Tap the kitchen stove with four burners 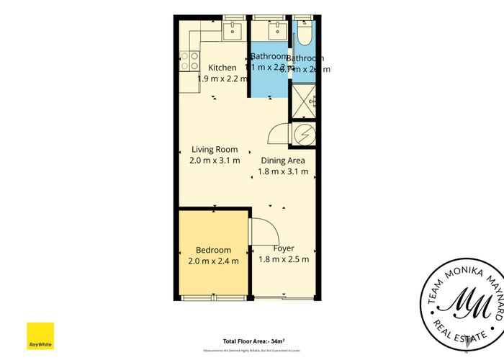coord(190,61)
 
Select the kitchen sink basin coord(233,30)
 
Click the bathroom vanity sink coord(278,30)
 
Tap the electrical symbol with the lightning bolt coord(305,134)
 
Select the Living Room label coord(215,150)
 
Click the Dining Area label coord(283,161)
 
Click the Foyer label coord(284,248)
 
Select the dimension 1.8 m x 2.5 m coord(284,259)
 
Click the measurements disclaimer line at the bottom coord(251,350)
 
